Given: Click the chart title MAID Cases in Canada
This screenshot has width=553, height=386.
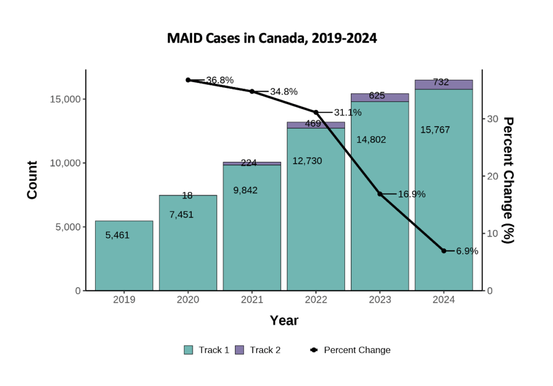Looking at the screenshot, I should [x=272, y=39].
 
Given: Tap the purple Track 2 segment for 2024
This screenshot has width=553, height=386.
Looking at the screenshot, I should [x=443, y=84].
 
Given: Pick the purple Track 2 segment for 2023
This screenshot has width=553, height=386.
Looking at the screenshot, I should [x=380, y=97].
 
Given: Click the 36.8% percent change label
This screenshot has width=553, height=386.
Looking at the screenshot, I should [x=219, y=80].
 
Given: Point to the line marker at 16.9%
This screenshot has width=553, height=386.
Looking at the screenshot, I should [x=380, y=194].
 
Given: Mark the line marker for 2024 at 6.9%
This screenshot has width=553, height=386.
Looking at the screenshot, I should [x=443, y=251].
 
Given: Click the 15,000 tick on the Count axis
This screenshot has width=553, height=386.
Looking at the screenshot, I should [x=65, y=99].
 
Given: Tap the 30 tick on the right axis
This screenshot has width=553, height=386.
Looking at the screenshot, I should [x=493, y=119].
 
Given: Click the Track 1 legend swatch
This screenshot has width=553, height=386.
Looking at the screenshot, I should [x=188, y=350].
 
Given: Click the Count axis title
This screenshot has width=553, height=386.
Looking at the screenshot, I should [x=32, y=180].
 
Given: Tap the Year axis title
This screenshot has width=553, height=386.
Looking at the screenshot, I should [x=284, y=321].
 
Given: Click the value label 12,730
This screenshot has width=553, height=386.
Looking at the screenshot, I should [x=307, y=161].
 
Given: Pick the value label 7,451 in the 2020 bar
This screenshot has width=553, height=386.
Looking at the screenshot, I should [x=181, y=215].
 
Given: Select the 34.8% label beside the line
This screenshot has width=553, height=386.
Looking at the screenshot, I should [x=284, y=92].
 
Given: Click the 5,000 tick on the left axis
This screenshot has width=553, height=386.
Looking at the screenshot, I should [x=67, y=227].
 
